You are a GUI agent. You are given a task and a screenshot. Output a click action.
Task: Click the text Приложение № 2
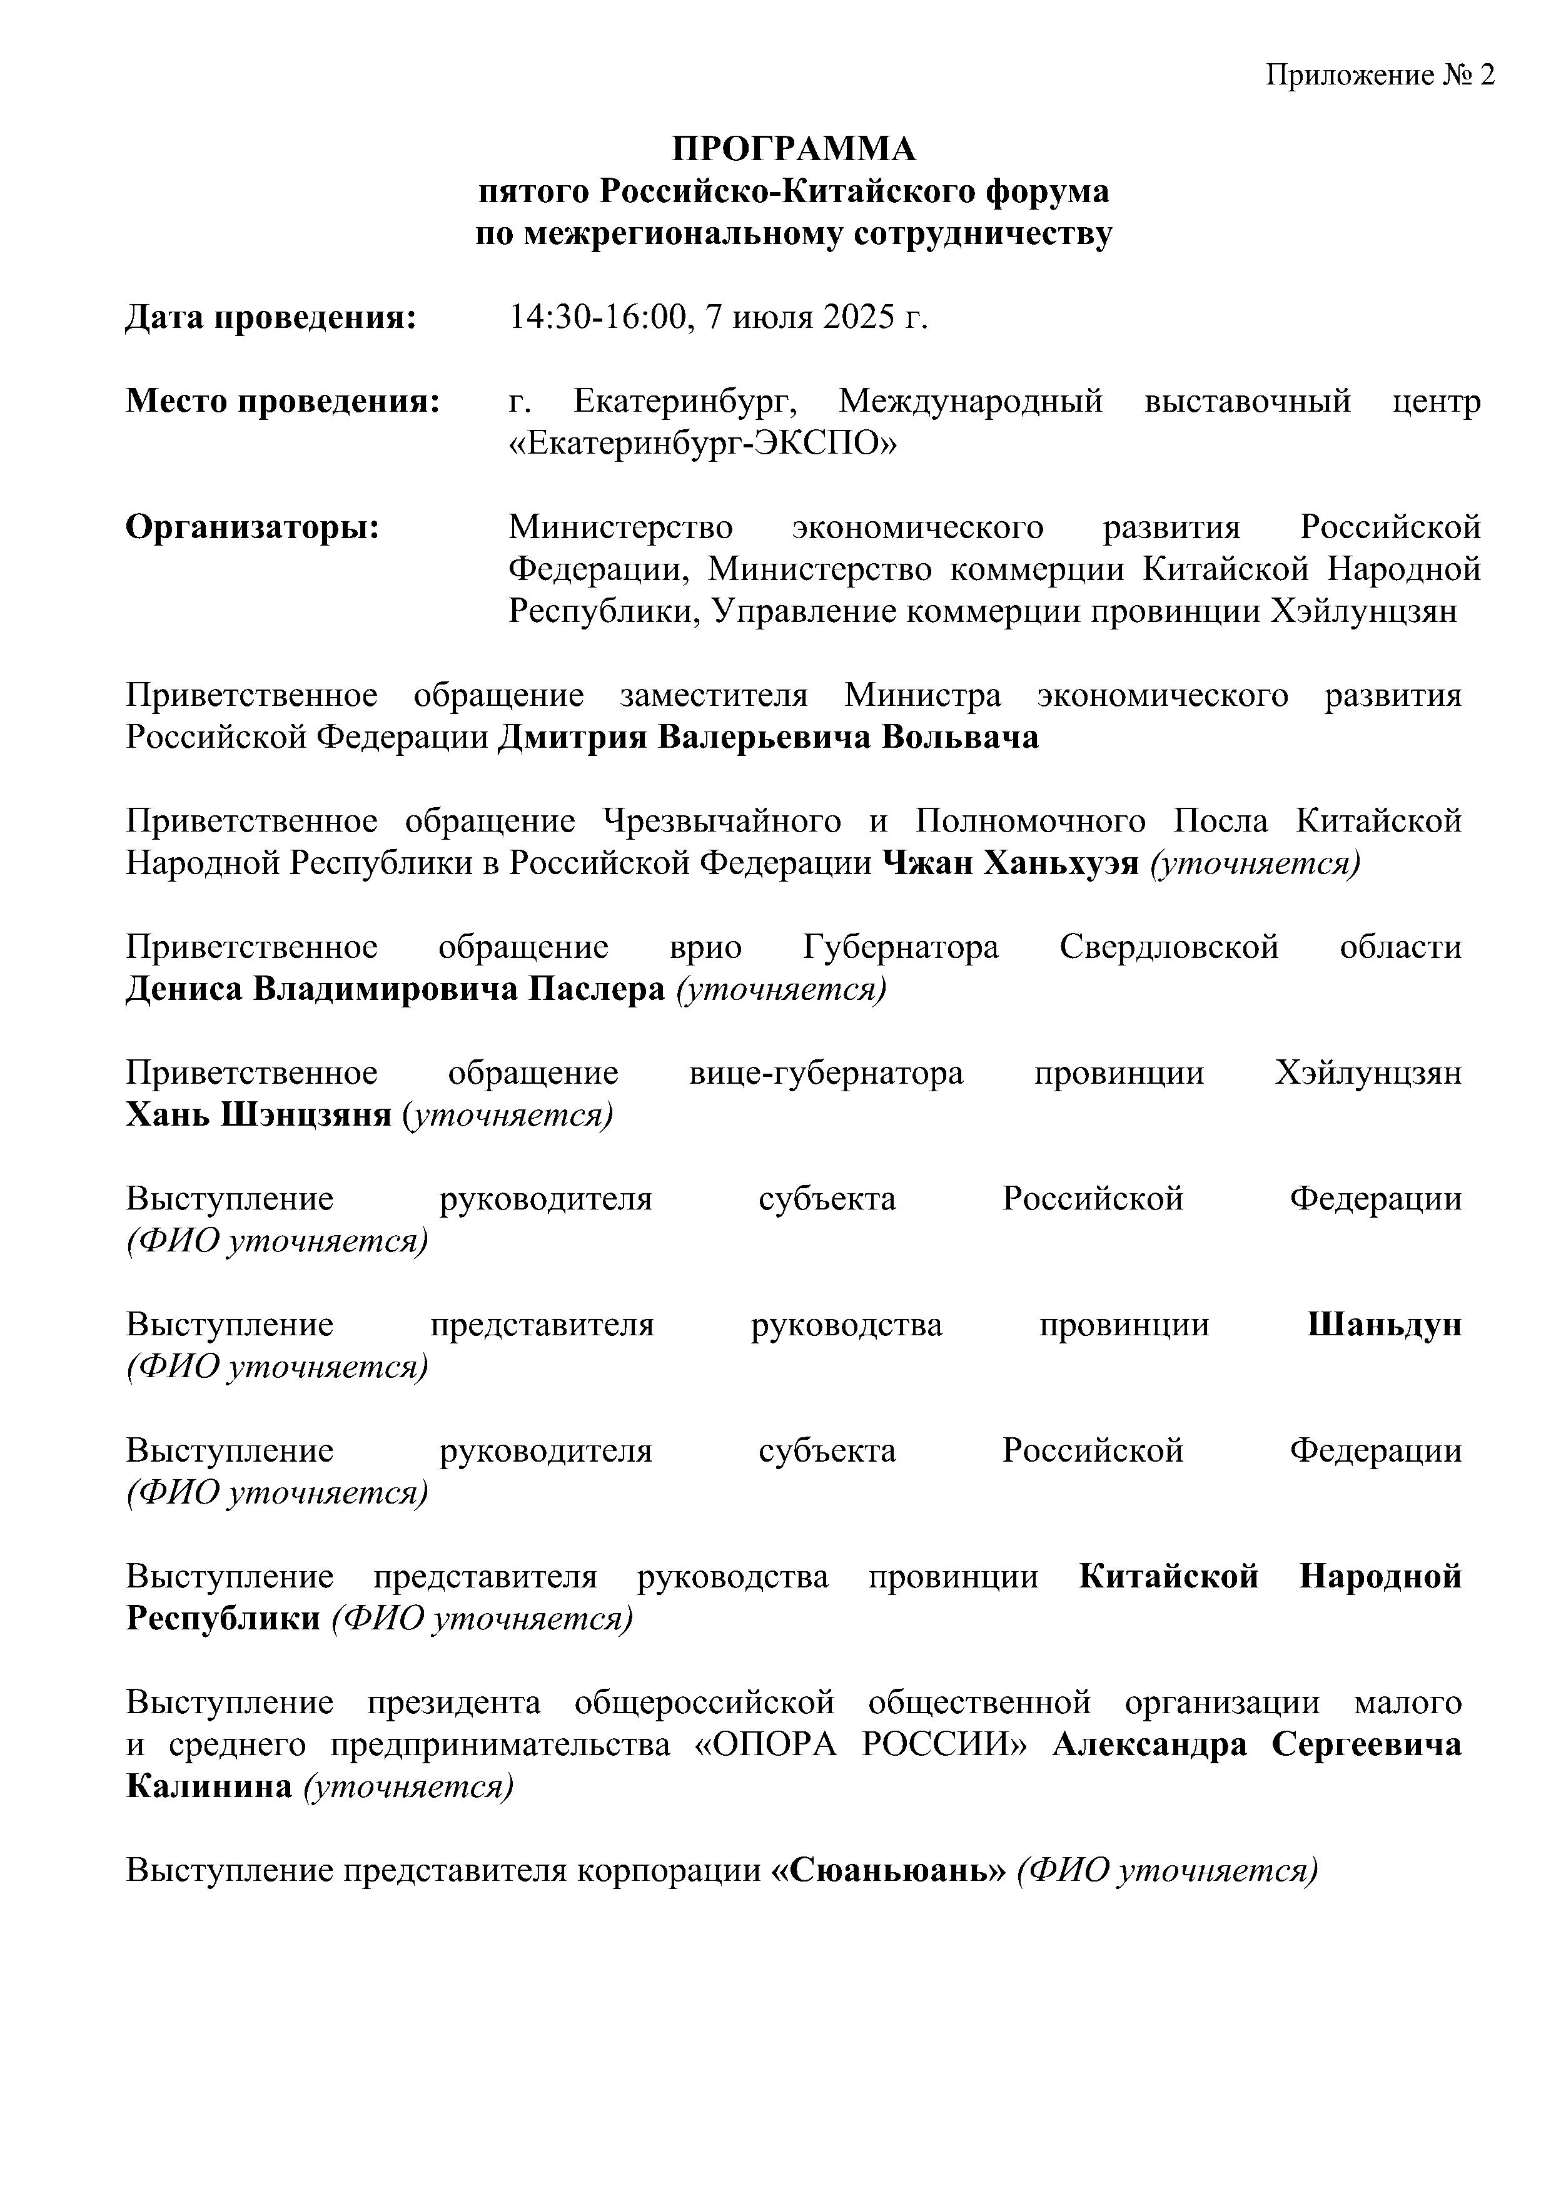[x=1380, y=76]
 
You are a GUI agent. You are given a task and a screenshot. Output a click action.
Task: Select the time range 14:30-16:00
[x=599, y=317]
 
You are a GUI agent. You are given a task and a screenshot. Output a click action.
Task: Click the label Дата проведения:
[x=271, y=317]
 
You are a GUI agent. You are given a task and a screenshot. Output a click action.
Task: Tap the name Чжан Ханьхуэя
[x=1011, y=864]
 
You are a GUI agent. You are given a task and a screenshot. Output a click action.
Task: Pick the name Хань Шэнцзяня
[x=258, y=1116]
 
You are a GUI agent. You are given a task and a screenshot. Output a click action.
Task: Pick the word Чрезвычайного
[x=722, y=821]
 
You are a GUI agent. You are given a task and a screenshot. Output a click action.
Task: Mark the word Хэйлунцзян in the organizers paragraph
[x=1363, y=611]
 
